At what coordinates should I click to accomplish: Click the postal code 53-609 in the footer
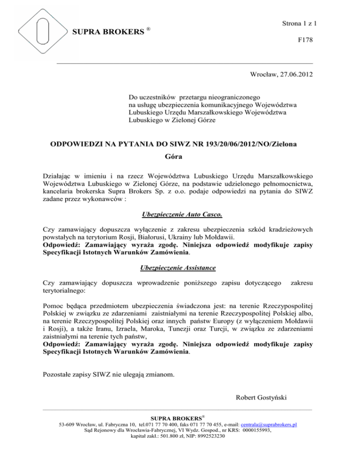[67, 425]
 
